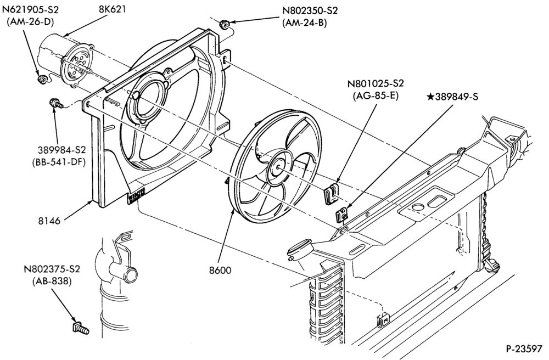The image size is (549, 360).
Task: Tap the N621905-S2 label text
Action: pos(30,9)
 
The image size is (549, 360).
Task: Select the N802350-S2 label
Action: pos(310,10)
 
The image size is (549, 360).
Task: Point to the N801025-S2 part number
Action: pos(376,83)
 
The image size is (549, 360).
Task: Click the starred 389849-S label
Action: pos(452,97)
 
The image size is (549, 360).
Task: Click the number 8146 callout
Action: pos(49,221)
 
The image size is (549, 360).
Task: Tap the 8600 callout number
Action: pos(220,270)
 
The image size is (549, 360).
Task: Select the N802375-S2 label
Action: pos(52,269)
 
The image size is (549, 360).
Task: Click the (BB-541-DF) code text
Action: pos(61,162)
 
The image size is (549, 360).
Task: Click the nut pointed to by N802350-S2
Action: pos(224,25)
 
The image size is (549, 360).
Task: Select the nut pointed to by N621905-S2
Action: pos(42,79)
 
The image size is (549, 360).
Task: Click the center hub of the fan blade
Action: pos(278,167)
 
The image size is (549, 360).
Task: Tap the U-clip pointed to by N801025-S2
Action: pos(330,194)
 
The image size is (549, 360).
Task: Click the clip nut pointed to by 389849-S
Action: pos(341,215)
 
